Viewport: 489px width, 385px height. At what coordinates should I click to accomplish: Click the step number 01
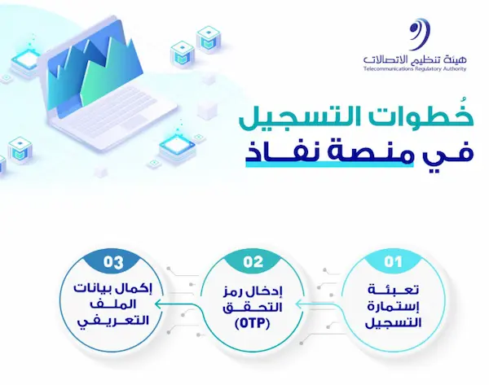[393, 262]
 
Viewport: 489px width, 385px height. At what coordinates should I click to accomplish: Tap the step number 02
[253, 262]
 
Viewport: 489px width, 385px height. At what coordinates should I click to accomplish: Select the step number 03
[113, 262]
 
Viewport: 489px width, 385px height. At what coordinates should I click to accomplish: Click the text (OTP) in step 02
[253, 324]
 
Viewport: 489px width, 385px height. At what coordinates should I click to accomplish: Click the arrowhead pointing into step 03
[159, 304]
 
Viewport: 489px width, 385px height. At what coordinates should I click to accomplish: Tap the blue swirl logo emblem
[420, 34]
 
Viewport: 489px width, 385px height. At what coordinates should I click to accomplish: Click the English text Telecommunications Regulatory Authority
[415, 69]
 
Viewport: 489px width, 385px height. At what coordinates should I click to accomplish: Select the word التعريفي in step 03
[113, 322]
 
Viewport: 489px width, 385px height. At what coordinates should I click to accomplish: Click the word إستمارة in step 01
[394, 307]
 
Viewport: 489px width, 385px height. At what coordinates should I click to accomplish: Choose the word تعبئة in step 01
[394, 290]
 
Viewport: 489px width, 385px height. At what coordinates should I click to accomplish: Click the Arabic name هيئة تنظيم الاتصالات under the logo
[415, 59]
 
